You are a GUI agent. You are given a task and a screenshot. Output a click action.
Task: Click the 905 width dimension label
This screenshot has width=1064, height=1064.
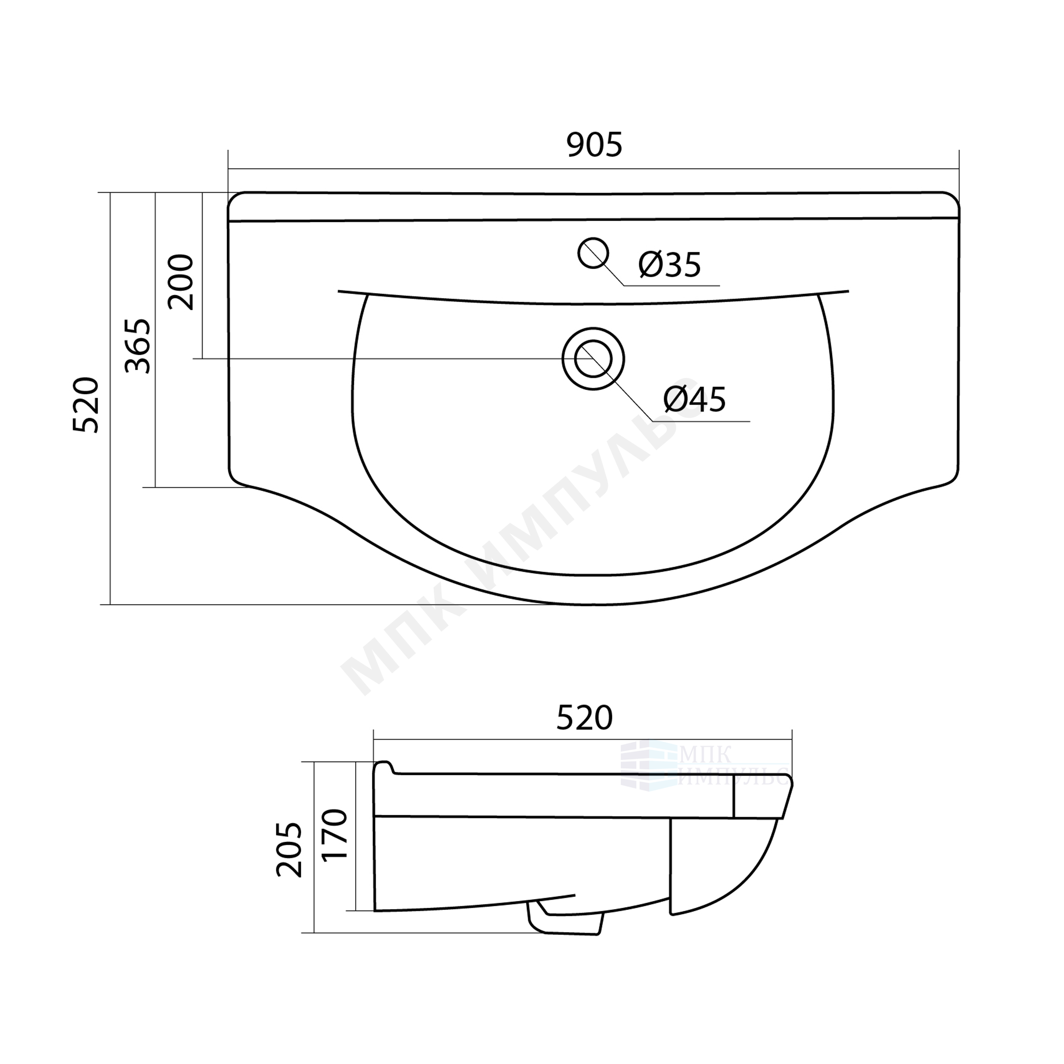coord(594,145)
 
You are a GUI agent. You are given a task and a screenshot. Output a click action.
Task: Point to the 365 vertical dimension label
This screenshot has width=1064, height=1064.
coord(137,346)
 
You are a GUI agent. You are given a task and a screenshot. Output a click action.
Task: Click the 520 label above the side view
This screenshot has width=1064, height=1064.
coord(584,718)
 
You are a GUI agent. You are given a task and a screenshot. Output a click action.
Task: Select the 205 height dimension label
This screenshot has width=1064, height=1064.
coord(290,850)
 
